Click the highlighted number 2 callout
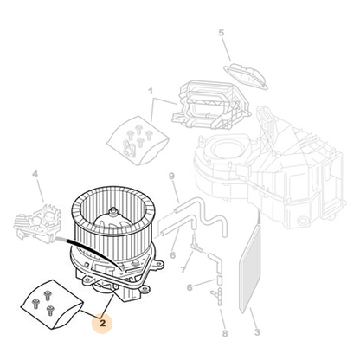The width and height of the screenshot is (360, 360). click(x=102, y=323)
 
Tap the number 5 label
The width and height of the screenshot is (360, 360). click(x=221, y=33)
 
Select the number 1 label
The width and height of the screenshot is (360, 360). click(x=151, y=92)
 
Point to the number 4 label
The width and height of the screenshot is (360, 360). click(x=35, y=174)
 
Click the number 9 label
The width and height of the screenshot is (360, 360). click(x=172, y=176)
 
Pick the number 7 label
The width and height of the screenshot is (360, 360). click(x=183, y=270)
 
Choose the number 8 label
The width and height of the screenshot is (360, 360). click(x=225, y=333)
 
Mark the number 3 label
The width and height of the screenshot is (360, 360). click(x=257, y=332)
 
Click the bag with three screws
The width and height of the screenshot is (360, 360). click(x=52, y=304)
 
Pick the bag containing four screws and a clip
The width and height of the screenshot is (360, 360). click(x=137, y=140)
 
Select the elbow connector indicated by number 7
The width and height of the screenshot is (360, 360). click(x=196, y=245)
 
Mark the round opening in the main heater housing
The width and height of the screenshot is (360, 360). click(x=227, y=148)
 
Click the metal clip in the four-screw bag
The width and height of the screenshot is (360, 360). click(x=129, y=150)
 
